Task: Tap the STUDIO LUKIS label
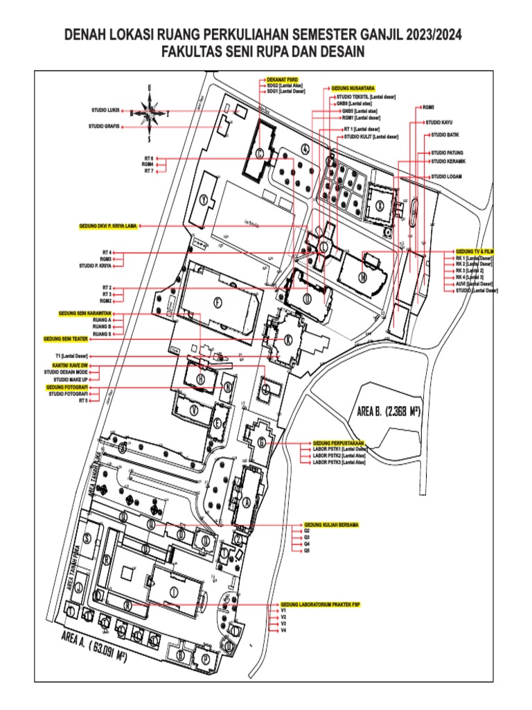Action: pyautogui.click(x=105, y=110)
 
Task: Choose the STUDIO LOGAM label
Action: pyautogui.click(x=446, y=177)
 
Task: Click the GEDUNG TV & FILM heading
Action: pyautogui.click(x=475, y=250)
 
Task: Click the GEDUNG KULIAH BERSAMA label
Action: pyautogui.click(x=330, y=525)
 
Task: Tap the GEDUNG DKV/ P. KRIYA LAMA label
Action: pyautogui.click(x=108, y=226)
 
